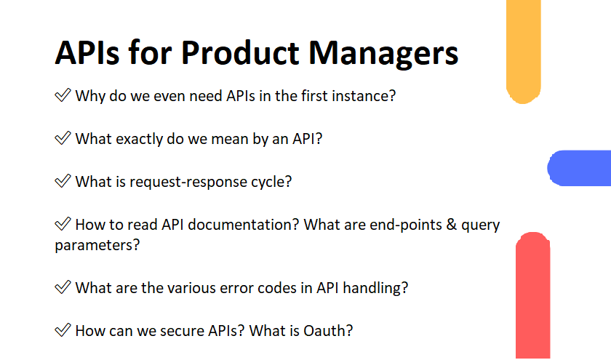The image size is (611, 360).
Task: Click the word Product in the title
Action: pos(239,52)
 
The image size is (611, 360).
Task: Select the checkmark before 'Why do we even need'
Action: pos(63,95)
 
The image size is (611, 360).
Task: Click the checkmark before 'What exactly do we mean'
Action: pos(63,138)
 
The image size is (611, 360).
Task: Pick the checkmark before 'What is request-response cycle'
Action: pos(63,181)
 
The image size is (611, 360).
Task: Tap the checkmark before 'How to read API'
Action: pos(63,224)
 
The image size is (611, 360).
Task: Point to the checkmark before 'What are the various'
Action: pos(63,287)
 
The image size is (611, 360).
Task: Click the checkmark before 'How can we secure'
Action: pos(63,330)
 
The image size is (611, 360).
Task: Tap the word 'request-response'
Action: pos(188,183)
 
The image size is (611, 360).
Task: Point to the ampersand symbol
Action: pos(452,225)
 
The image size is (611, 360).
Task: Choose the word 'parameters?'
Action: pos(97,246)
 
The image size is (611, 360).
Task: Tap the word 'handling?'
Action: pos(375,288)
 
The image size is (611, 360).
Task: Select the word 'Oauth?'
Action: pos(328,331)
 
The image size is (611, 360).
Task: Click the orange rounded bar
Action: pos(523,51)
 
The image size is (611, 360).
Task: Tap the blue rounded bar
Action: pos(579,168)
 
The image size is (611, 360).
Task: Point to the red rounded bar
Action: pos(532,295)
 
